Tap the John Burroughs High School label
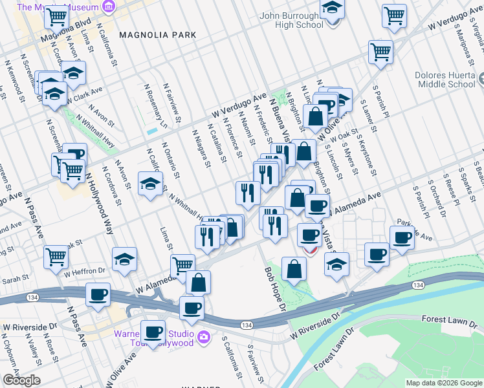(291, 20)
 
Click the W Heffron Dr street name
(84, 270)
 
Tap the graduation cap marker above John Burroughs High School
(333, 8)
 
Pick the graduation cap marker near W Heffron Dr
(124, 259)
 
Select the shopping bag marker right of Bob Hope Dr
(294, 269)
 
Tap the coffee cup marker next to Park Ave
(402, 237)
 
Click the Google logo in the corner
(21, 380)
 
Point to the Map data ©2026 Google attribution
(444, 383)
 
